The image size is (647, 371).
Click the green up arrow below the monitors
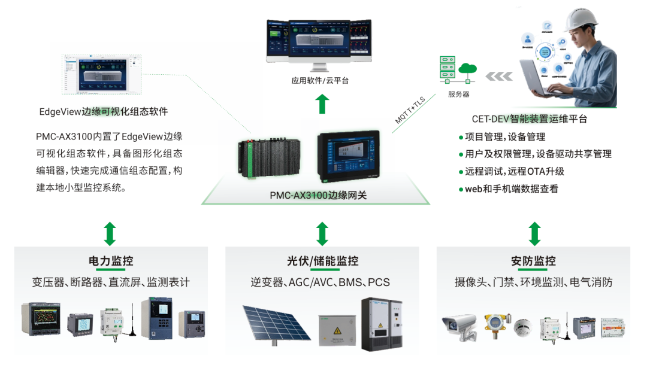tap(322, 104)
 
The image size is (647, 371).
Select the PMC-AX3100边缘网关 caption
tap(318, 195)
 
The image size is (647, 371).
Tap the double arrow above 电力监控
tap(110, 233)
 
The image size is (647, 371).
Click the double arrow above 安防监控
tap(534, 233)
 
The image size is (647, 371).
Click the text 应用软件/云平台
tap(320, 80)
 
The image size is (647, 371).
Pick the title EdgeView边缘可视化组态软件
tap(103, 112)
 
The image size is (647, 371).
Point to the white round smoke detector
tap(522, 327)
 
